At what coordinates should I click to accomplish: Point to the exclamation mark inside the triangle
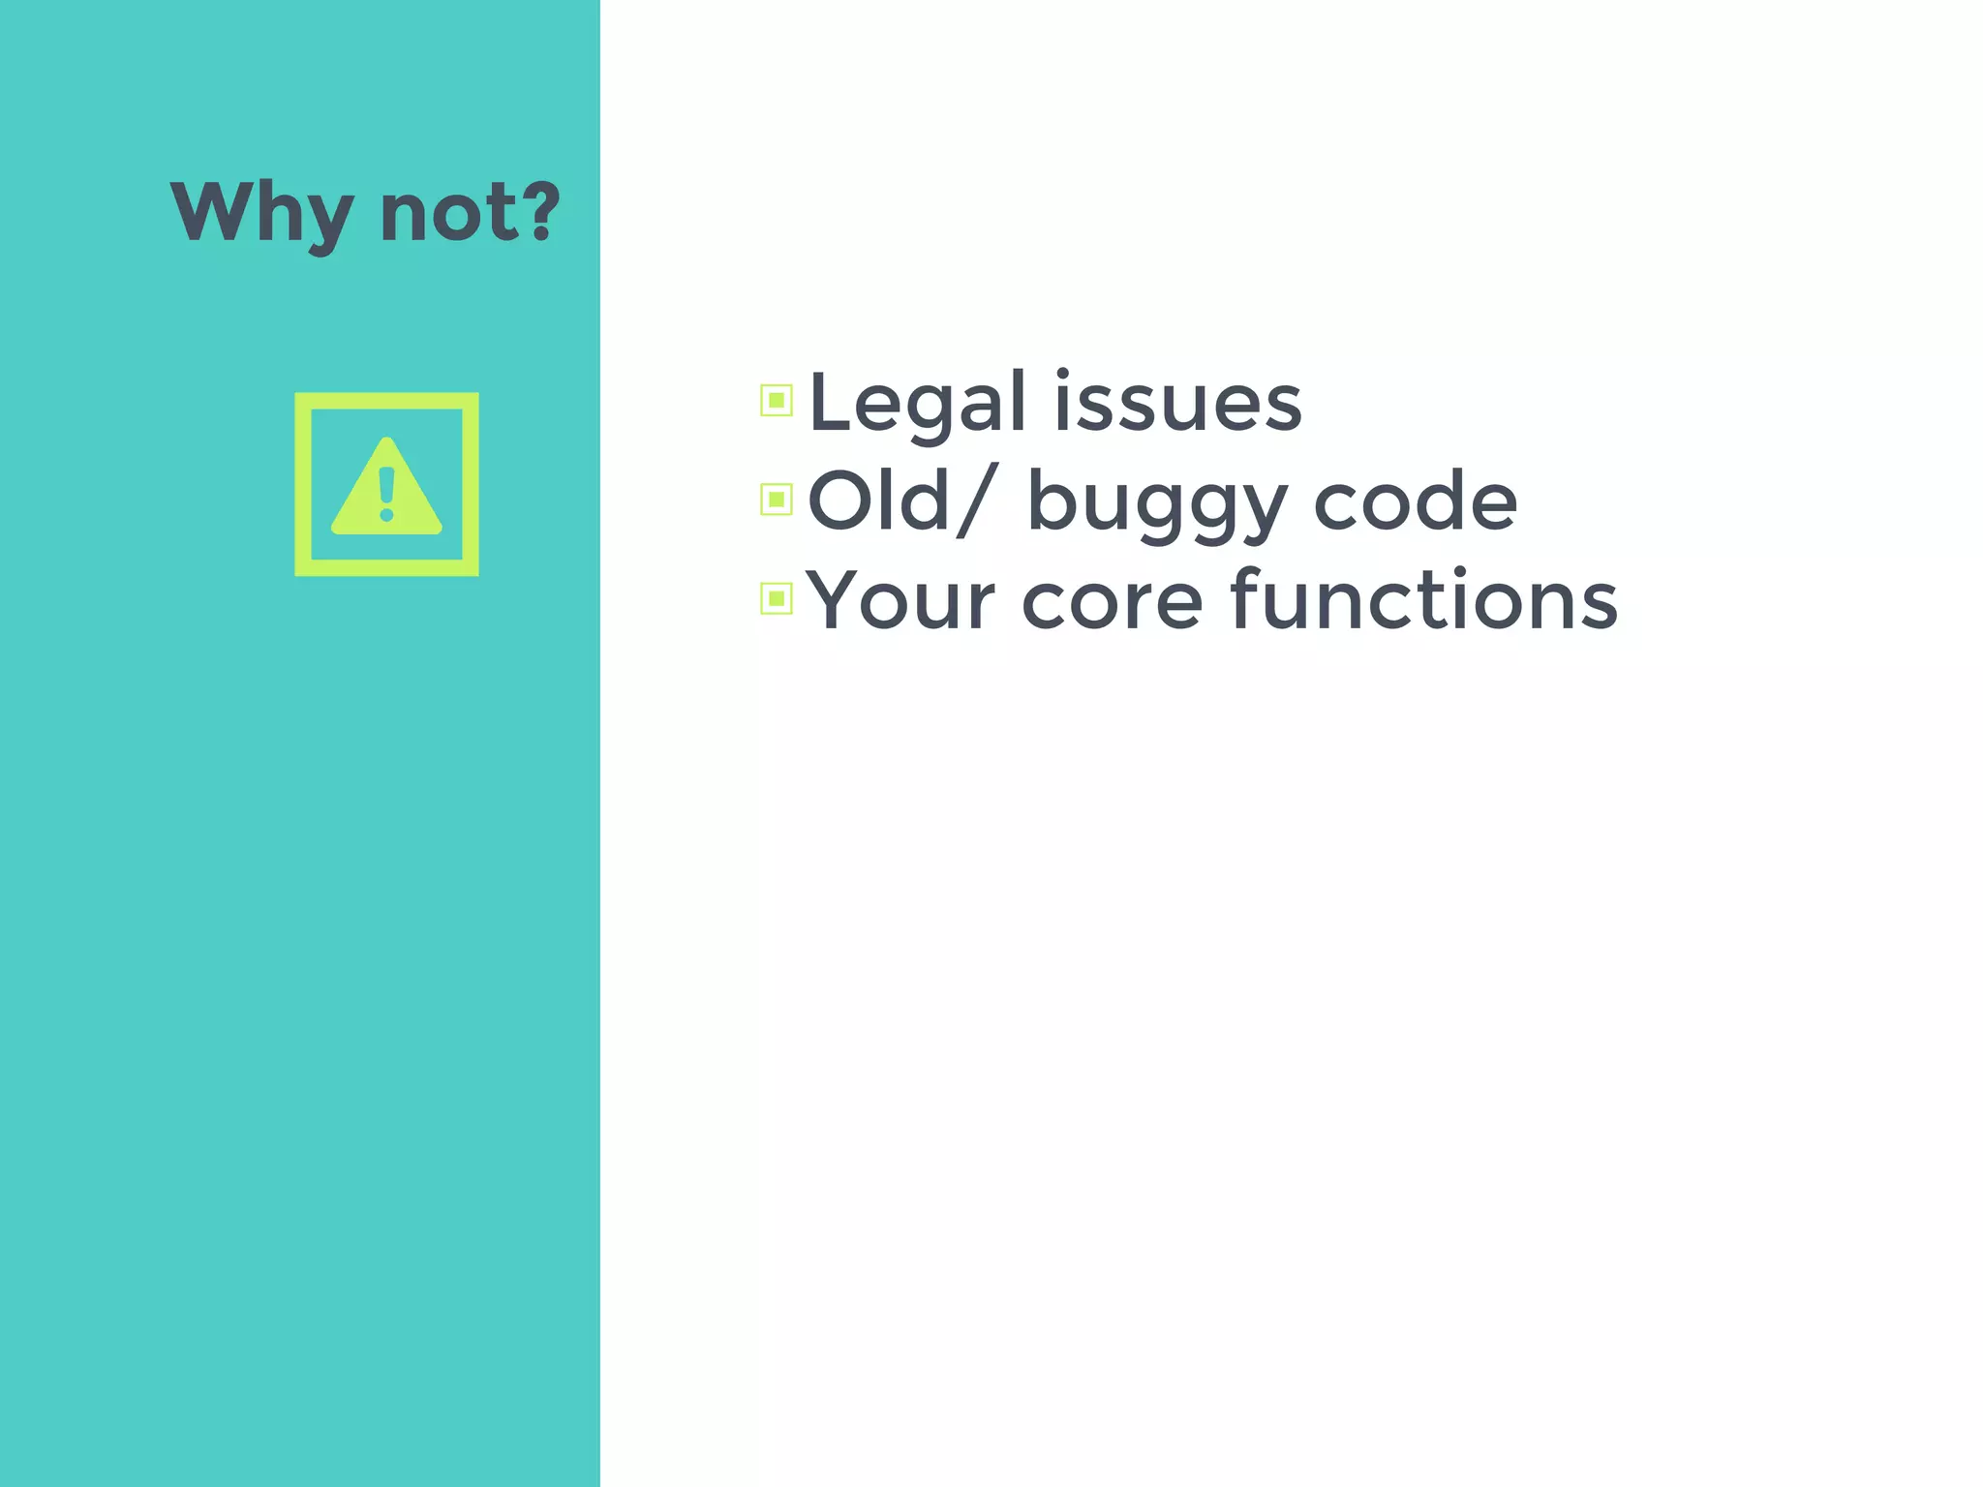pyautogui.click(x=387, y=494)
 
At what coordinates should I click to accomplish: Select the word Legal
pyautogui.click(x=916, y=403)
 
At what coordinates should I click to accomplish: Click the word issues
pyautogui.click(x=1177, y=403)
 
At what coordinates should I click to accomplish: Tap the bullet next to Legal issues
pyautogui.click(x=776, y=401)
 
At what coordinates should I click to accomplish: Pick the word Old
pyautogui.click(x=877, y=501)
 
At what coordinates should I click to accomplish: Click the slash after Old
pyautogui.click(x=975, y=501)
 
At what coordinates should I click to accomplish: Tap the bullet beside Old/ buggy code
pyautogui.click(x=776, y=500)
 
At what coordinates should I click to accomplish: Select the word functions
pyautogui.click(x=1423, y=600)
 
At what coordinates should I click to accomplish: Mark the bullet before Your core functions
pyautogui.click(x=776, y=599)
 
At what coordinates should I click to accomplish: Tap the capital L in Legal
pyautogui.click(x=831, y=401)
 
